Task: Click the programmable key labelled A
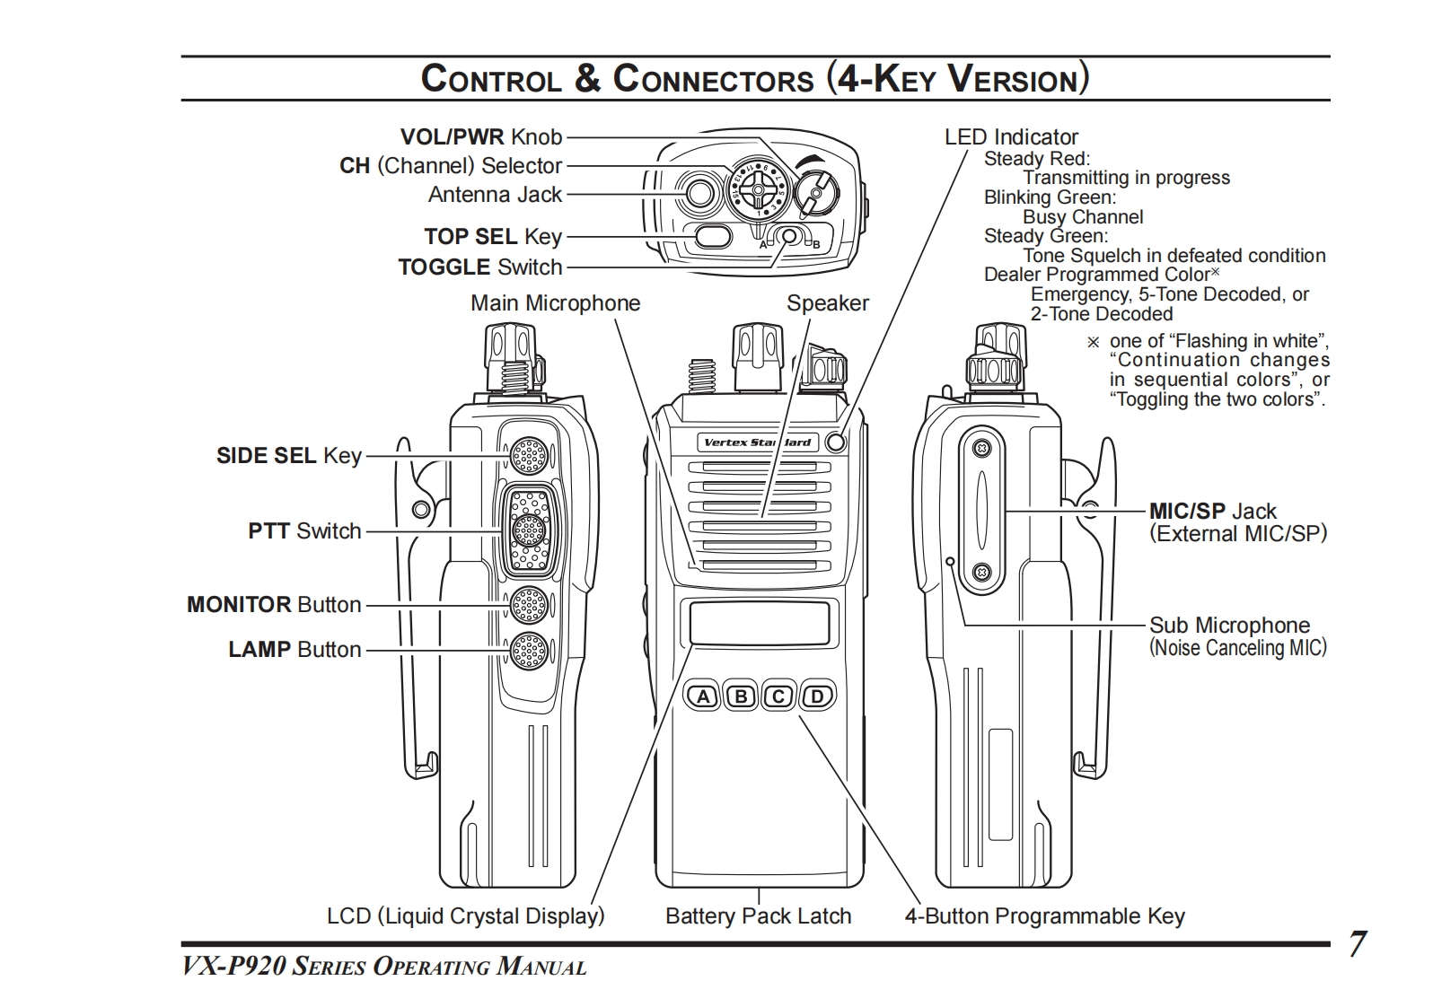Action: [x=704, y=696]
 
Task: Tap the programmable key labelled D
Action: [x=817, y=696]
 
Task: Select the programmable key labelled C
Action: [x=779, y=696]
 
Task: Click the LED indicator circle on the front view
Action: [x=836, y=442]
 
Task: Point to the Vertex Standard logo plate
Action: [x=757, y=442]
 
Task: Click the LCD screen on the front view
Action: [x=760, y=622]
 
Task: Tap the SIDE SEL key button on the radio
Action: [x=528, y=456]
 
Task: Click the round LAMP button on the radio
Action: [x=528, y=650]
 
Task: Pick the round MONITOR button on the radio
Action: [x=528, y=605]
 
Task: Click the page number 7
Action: [x=1357, y=944]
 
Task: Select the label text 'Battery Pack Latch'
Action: [x=758, y=916]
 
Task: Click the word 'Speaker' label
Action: [x=828, y=303]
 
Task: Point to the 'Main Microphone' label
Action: [x=555, y=303]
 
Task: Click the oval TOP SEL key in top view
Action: [x=714, y=237]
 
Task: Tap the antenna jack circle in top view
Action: [x=699, y=191]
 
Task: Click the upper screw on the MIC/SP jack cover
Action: [x=982, y=447]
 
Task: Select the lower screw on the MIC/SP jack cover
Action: [x=982, y=572]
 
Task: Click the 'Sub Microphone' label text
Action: [x=1229, y=626]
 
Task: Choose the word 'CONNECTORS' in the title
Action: [x=713, y=79]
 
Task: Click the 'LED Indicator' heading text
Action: [x=1011, y=137]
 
